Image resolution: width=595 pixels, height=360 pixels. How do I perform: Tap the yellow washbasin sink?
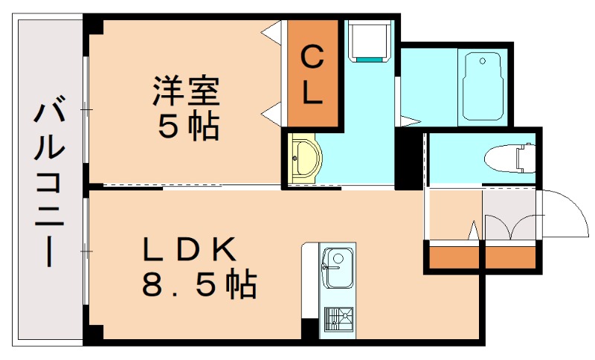[x=303, y=158]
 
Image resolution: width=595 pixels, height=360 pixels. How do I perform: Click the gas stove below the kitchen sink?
[x=338, y=319]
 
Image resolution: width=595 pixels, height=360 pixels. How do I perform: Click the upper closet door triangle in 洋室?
[x=273, y=34]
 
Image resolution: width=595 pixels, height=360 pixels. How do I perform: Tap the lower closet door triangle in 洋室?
[x=272, y=114]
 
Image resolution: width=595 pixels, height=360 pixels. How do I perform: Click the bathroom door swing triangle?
[x=410, y=119]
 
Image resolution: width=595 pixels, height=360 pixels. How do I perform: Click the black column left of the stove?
[x=309, y=328]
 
